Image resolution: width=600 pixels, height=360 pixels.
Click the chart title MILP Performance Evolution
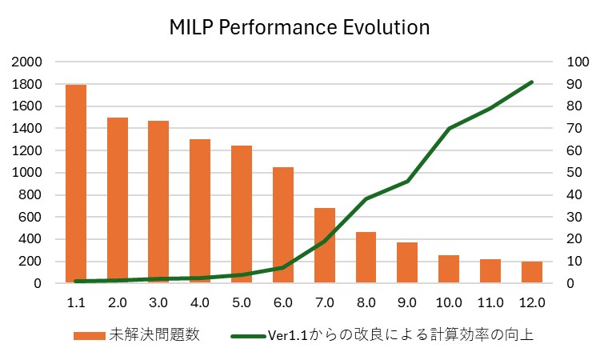(300, 27)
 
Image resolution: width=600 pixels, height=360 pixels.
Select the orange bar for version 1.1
(76, 184)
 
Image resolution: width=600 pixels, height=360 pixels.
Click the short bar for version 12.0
(532, 272)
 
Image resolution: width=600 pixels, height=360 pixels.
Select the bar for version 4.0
(200, 211)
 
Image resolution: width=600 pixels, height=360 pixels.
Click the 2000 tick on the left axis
(30, 62)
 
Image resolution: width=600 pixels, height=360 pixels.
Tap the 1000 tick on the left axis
(30, 173)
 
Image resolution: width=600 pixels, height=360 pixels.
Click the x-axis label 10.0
(449, 303)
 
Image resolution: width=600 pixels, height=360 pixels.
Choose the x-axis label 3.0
(158, 303)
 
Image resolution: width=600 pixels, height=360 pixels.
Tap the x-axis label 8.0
(366, 303)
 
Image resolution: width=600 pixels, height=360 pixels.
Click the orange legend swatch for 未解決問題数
(87, 335)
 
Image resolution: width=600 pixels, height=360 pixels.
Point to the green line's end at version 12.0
(532, 82)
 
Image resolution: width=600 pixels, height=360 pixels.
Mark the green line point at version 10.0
(449, 128)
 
